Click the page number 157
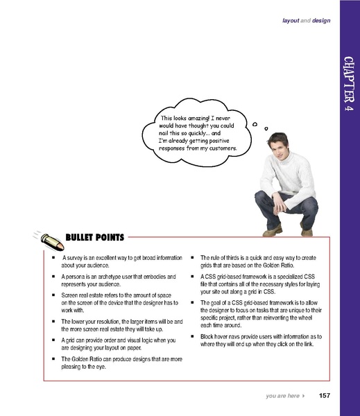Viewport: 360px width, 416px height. click(x=324, y=395)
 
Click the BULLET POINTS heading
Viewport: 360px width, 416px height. click(x=94, y=237)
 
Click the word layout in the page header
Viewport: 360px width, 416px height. click(x=291, y=21)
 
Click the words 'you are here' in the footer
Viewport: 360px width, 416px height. click(x=282, y=395)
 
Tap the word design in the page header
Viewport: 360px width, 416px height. click(x=320, y=21)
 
